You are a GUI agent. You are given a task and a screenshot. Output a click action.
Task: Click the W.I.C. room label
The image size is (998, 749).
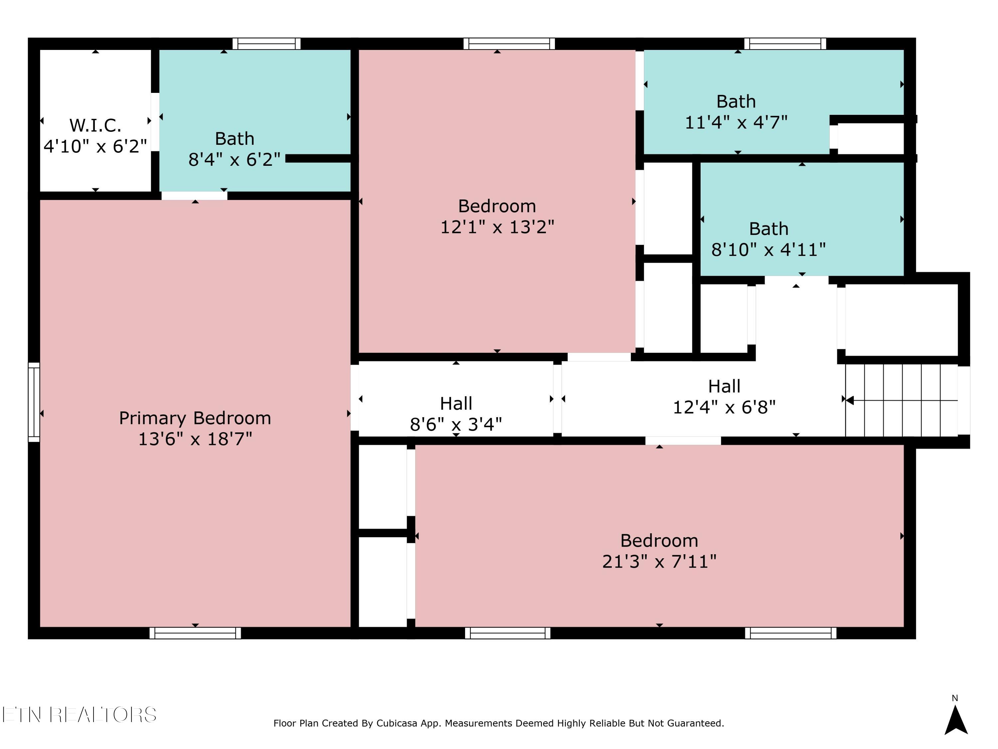(95, 125)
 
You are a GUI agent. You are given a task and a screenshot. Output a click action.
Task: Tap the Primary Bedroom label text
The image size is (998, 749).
(195, 418)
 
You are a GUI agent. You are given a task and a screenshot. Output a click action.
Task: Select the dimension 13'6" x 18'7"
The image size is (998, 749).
(195, 439)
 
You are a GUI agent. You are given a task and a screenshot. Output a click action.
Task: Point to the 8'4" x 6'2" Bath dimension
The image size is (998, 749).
(234, 159)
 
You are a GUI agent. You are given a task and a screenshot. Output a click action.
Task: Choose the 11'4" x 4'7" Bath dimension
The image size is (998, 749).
(736, 123)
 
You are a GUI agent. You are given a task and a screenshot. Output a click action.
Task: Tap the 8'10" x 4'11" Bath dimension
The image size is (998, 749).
(768, 249)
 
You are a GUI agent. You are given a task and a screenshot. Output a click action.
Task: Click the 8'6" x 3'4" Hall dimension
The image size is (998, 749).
(456, 424)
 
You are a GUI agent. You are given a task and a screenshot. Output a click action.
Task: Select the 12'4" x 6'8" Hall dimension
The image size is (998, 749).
(724, 407)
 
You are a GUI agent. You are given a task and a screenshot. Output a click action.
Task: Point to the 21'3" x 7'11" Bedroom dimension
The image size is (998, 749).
(659, 562)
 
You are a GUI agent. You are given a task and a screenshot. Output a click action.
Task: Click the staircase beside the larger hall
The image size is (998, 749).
(902, 400)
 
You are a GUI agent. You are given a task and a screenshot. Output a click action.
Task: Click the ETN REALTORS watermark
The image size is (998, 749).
(80, 715)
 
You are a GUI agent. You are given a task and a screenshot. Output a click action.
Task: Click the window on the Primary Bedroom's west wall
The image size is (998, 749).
(34, 402)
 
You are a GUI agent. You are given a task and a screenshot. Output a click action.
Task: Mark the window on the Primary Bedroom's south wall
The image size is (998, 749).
(195, 633)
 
